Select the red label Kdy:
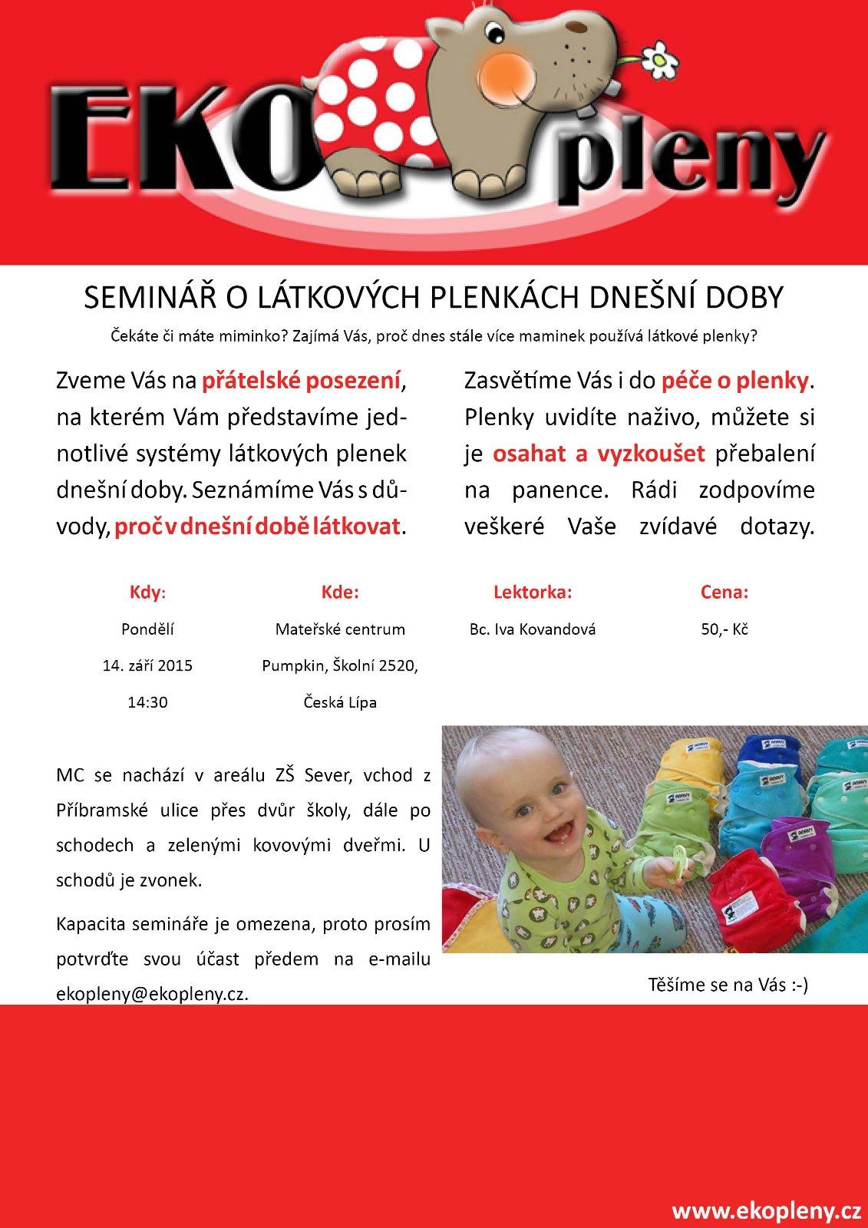[x=147, y=593]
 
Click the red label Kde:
[x=340, y=593]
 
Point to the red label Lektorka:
[x=533, y=593]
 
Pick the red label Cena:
[x=724, y=593]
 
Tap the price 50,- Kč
[x=724, y=629]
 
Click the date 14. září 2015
[x=147, y=665]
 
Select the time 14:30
[x=147, y=701]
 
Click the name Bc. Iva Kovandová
[x=533, y=629]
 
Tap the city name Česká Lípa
[x=340, y=701]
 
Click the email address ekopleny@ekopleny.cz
[x=152, y=993]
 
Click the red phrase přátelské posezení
[x=301, y=381]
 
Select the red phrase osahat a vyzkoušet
[x=598, y=454]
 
